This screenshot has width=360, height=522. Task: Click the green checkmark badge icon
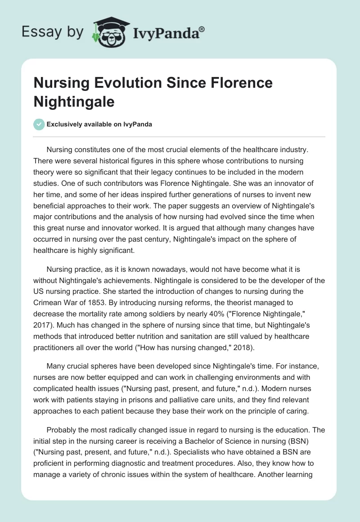(39, 124)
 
